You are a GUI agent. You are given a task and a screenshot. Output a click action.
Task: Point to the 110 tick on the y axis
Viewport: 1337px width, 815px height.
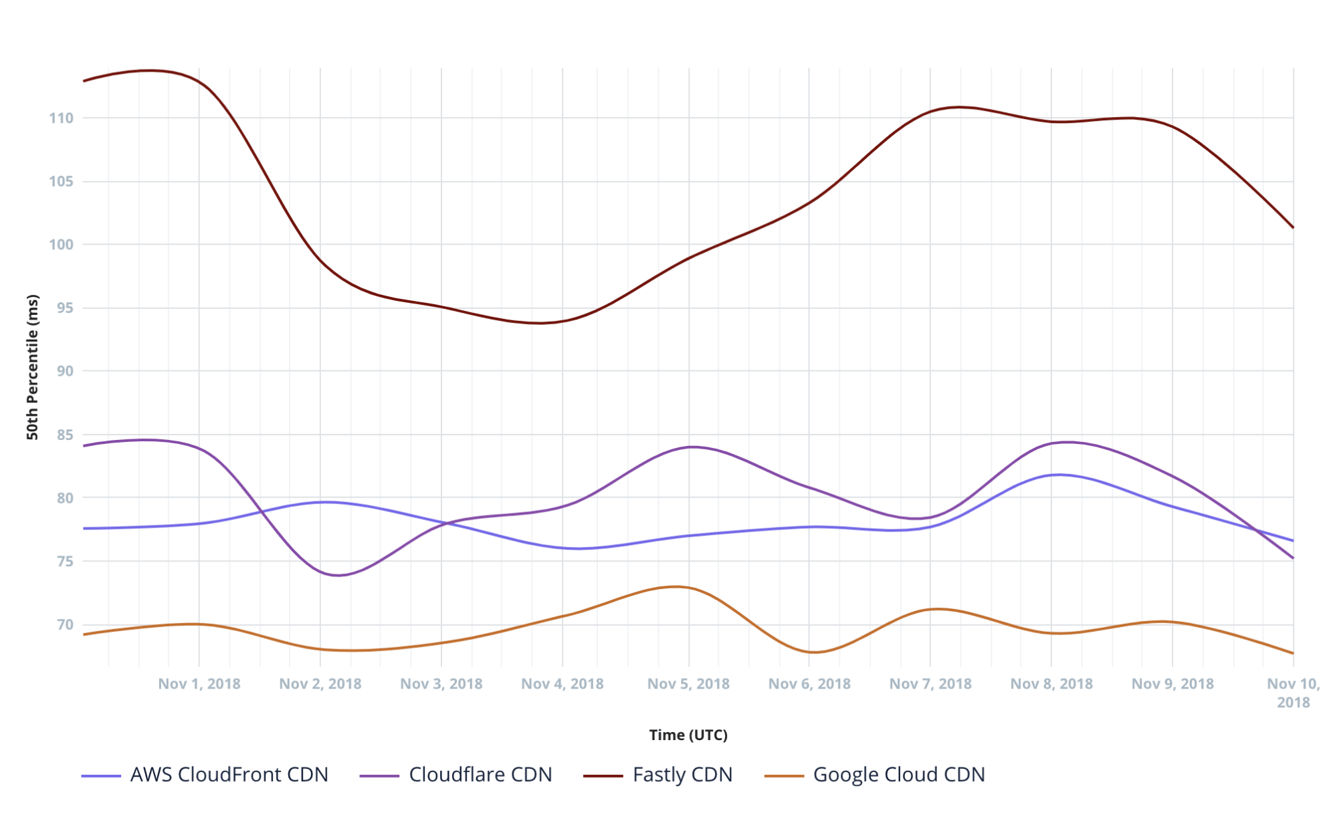coord(61,118)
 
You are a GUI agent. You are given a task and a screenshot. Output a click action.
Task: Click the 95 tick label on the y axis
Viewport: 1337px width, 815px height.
coord(64,308)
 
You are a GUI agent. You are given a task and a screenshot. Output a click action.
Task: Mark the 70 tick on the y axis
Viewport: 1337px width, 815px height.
coord(64,624)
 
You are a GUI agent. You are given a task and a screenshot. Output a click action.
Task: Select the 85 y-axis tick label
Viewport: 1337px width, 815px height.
coord(64,435)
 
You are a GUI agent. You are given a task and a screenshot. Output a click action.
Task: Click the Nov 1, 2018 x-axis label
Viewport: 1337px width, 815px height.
coord(199,684)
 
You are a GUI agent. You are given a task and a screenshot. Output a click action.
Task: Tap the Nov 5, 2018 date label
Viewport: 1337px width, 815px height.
coord(688,684)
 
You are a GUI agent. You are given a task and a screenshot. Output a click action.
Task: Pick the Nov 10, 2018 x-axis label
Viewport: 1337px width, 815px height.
coord(1293,693)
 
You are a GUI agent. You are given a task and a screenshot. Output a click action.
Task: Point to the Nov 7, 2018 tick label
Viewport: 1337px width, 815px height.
coord(930,684)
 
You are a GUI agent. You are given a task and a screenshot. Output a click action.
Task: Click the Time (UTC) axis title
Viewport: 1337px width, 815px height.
coord(688,735)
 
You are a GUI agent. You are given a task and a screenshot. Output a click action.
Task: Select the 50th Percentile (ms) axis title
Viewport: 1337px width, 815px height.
coord(32,366)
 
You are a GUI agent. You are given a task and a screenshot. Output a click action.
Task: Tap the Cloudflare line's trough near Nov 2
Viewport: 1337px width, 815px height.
coord(338,575)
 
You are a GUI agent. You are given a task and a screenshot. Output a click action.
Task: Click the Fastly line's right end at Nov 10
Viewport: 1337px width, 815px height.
coord(1293,227)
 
